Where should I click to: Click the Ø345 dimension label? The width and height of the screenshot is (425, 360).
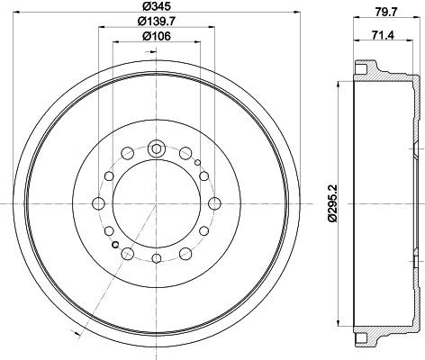point(156,6)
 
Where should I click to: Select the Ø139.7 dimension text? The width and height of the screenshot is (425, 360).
point(157,22)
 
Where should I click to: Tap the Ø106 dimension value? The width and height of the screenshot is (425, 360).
point(156,37)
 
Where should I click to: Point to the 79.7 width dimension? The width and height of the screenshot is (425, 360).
point(386,12)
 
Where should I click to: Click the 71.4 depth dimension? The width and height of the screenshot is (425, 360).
point(383,35)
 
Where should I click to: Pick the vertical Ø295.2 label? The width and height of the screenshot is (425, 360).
point(333,203)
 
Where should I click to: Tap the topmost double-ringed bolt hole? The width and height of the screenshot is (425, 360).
point(157,148)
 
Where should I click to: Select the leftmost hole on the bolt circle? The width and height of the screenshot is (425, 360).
point(98,203)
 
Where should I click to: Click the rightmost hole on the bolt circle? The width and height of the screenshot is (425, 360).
point(214,203)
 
